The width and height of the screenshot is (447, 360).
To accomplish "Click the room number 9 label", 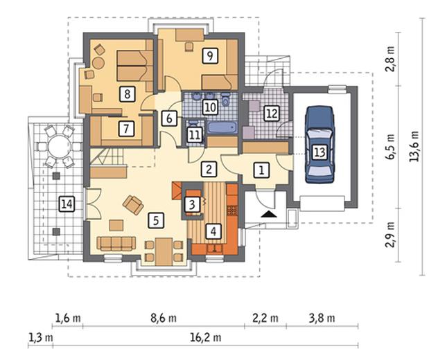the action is point(210,56).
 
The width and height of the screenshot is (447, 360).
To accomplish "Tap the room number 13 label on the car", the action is point(319,152).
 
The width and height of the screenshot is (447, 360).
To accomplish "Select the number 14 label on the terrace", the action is point(67,204).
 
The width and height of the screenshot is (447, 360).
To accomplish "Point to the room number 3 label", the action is point(192,204).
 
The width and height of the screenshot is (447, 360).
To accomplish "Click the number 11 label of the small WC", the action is point(195,134).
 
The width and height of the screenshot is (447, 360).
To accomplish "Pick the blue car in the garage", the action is point(319,145).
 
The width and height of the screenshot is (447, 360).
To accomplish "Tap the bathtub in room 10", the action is point(222,127).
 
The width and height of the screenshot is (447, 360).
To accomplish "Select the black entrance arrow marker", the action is point(269,214).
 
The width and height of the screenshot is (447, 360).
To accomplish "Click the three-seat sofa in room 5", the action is point(116,244).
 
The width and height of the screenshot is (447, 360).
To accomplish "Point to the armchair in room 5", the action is point(133,204).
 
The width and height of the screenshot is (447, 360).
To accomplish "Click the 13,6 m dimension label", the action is point(414,146).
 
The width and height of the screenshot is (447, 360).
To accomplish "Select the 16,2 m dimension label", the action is point(205,338).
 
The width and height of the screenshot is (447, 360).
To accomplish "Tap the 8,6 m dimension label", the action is point(164,318).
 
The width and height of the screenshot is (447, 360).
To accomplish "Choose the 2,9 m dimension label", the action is point(391,235).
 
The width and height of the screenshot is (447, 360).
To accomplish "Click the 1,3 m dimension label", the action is point(41,338).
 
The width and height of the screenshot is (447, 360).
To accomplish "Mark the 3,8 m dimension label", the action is point(322,318).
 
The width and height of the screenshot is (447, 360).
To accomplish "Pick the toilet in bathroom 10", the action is point(226,100).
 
